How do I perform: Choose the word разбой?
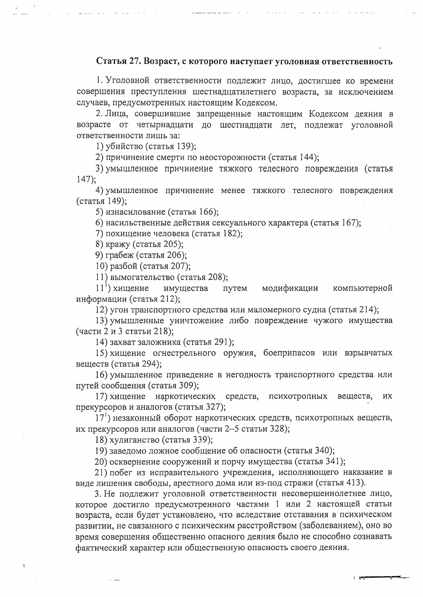pyautogui.click(x=123, y=266)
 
